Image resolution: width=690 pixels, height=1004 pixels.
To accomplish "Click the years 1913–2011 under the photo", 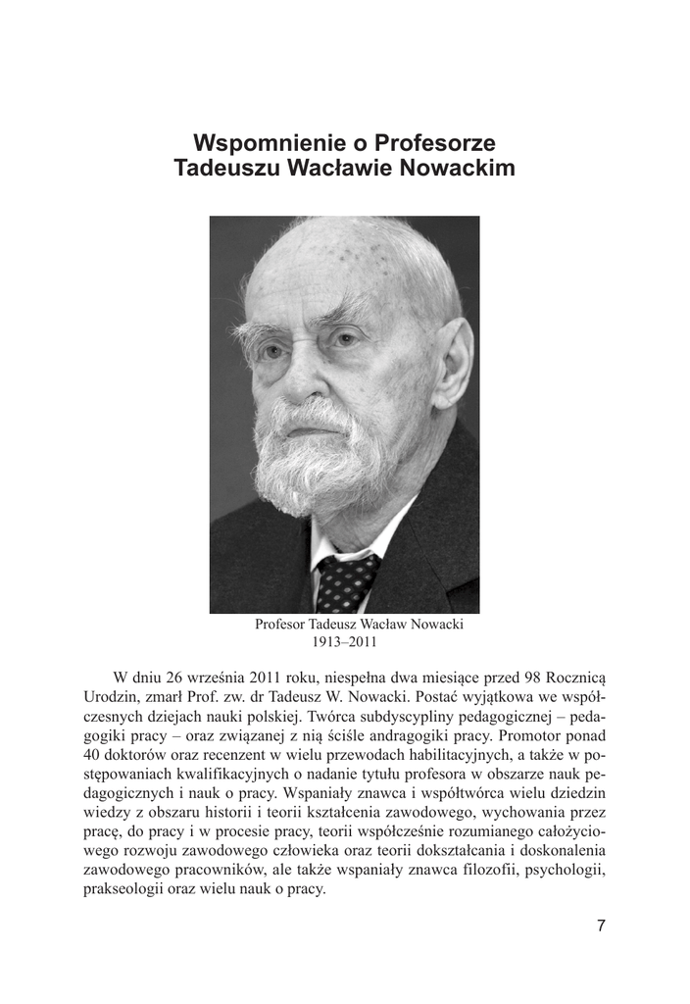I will click(x=344, y=642).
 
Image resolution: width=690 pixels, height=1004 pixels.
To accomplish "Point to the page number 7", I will click(x=601, y=926).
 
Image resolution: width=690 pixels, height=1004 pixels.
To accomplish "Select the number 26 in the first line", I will click(x=176, y=678).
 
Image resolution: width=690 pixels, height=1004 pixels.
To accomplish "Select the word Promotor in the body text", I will click(x=536, y=734).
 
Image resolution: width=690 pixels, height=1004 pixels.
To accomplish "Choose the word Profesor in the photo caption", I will click(x=281, y=624).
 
